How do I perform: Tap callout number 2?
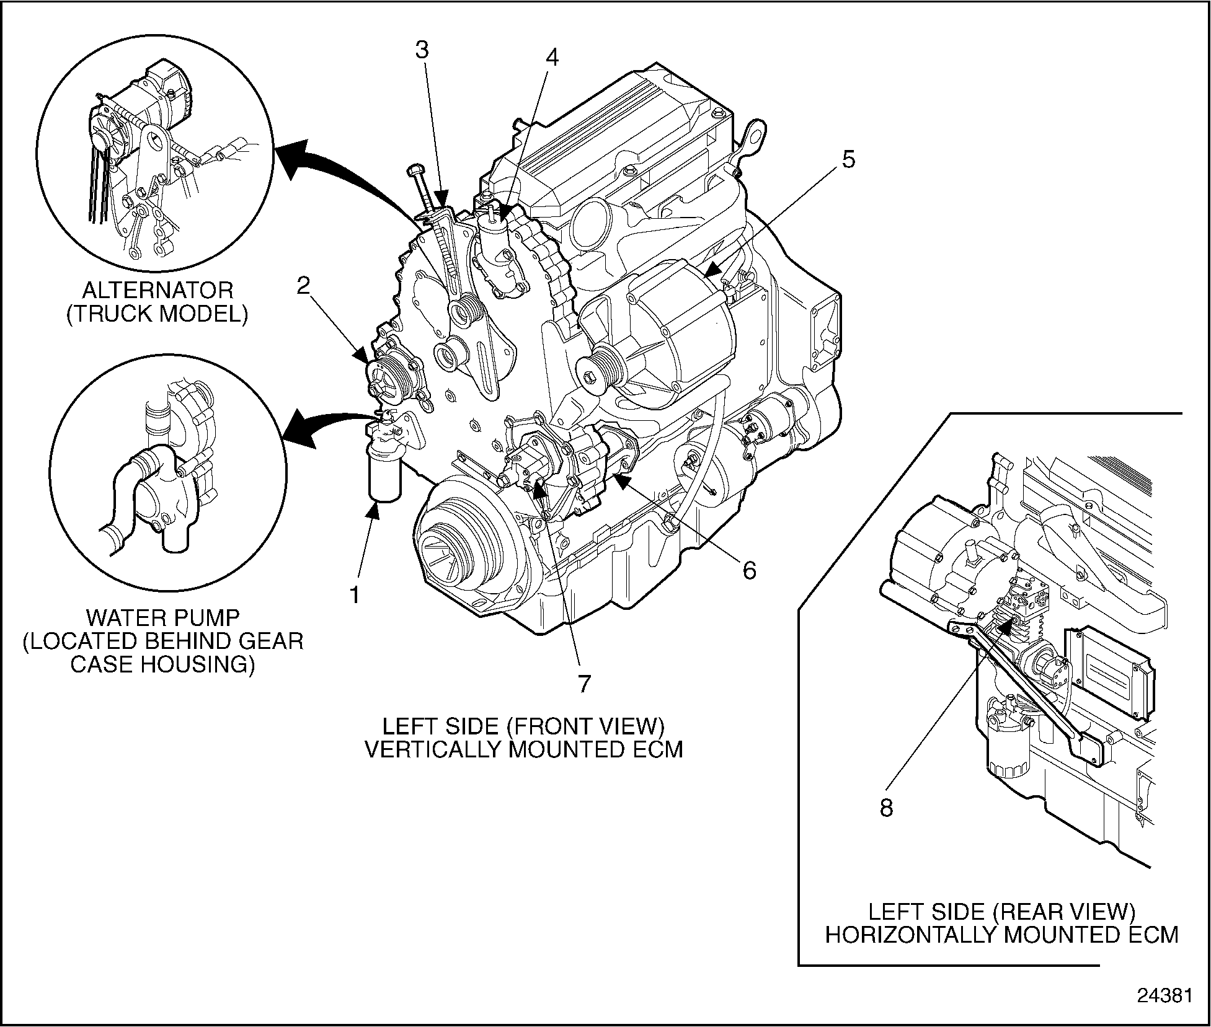[x=303, y=286]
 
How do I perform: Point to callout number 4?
[x=551, y=58]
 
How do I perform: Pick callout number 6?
[x=750, y=570]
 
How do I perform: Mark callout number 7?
[x=584, y=683]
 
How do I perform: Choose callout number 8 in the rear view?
[x=886, y=808]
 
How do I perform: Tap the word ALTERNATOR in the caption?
[x=157, y=290]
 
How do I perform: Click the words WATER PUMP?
[x=162, y=617]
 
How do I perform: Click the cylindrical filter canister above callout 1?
[x=385, y=477]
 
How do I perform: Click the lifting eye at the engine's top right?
[x=752, y=137]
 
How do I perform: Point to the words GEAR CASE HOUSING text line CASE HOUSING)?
[x=162, y=664]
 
